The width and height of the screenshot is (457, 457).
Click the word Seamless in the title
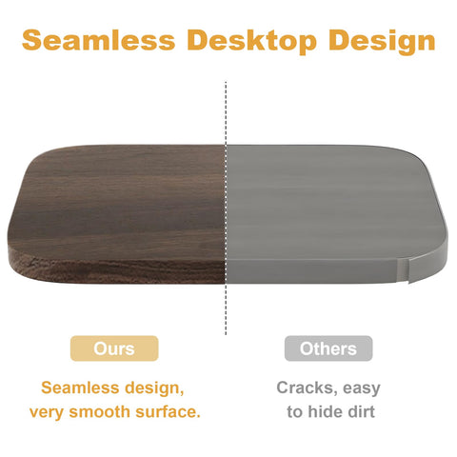click(x=99, y=40)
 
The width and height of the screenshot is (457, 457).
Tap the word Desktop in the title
click(x=251, y=41)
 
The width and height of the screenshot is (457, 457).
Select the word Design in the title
click(x=382, y=41)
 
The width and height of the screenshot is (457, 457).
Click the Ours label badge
click(x=114, y=348)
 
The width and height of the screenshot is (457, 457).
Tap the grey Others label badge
click(x=328, y=348)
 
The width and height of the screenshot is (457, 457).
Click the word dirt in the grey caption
click(x=362, y=411)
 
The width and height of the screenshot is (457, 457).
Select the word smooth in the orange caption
click(x=99, y=411)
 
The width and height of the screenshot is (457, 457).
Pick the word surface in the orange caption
click(x=168, y=411)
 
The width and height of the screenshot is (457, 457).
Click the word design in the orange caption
click(x=154, y=388)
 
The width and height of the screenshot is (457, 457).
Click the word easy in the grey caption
click(x=362, y=389)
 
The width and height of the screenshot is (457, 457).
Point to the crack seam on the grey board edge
click(x=403, y=269)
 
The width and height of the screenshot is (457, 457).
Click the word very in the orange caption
click(x=47, y=412)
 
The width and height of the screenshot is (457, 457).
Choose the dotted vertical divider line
click(x=226, y=208)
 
